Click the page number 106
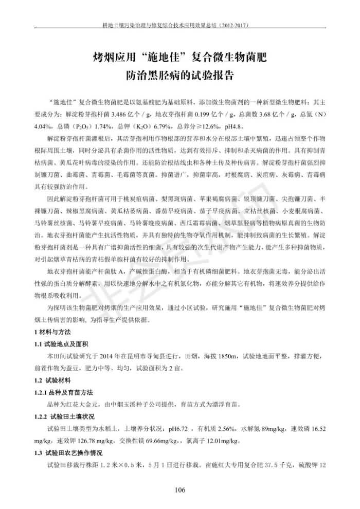pos(179,489)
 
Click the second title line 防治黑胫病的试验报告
pos(179,76)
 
